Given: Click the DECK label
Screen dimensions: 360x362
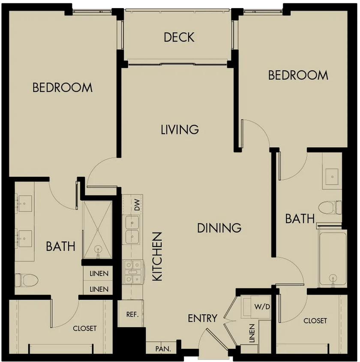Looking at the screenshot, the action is pyautogui.click(x=179, y=37).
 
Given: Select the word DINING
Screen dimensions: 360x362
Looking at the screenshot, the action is pyautogui.click(x=219, y=228).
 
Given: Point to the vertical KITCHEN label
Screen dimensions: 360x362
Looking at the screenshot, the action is pyautogui.click(x=158, y=256).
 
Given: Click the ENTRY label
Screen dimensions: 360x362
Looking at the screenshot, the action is pyautogui.click(x=202, y=318).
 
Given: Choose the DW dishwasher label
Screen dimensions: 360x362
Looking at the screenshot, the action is pyautogui.click(x=137, y=205).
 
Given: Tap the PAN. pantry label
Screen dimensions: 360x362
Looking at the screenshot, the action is pyautogui.click(x=163, y=349).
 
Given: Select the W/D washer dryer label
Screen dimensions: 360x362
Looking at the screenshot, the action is pyautogui.click(x=262, y=307).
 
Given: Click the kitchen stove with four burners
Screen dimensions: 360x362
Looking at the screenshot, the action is pyautogui.click(x=133, y=272).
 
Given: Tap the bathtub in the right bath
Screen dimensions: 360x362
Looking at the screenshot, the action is pyautogui.click(x=333, y=259).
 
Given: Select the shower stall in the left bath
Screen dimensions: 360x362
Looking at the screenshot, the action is pyautogui.click(x=98, y=230).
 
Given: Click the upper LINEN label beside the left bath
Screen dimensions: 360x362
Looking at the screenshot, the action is pyautogui.click(x=99, y=274).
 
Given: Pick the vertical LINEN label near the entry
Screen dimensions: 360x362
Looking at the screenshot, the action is pyautogui.click(x=252, y=333).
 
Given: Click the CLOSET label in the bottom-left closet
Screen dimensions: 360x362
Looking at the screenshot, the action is pyautogui.click(x=84, y=328).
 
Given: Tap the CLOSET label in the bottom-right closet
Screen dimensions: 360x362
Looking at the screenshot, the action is pyautogui.click(x=315, y=321).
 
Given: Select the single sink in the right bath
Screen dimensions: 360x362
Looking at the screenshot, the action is pyautogui.click(x=332, y=177).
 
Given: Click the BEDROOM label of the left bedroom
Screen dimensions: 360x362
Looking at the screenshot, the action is pyautogui.click(x=63, y=87).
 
